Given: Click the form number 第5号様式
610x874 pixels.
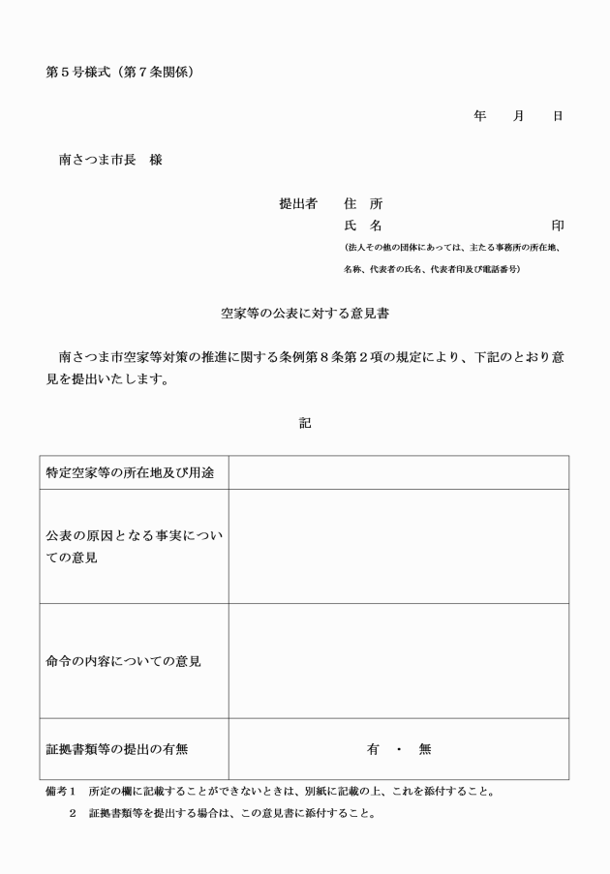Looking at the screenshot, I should tap(76, 73).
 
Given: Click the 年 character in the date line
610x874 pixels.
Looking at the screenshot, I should tap(479, 116).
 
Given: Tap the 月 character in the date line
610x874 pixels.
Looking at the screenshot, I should tap(519, 116).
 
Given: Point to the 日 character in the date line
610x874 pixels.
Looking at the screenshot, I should tap(558, 116).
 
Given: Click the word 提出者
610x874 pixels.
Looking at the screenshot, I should tap(298, 204).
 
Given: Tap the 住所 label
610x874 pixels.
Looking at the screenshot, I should tap(363, 204).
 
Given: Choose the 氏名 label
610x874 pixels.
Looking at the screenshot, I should tap(363, 226).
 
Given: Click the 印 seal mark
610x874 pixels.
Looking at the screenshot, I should tap(558, 226).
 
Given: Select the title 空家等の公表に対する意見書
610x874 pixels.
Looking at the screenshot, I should tap(305, 315).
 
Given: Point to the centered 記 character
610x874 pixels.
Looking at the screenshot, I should tap(305, 423).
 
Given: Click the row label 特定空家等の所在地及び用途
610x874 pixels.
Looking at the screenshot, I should tap(131, 473).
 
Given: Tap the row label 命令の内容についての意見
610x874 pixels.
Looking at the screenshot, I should tap(124, 661).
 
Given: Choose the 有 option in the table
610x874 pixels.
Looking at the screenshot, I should tap(373, 748).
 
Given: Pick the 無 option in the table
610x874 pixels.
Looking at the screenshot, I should tap(425, 748).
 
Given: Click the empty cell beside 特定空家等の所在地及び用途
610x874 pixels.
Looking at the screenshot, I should tap(398, 473).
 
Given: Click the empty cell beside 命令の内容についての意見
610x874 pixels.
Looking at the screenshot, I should tap(398, 661).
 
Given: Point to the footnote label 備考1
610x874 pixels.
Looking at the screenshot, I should tap(60, 791).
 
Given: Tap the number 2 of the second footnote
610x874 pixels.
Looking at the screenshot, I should tap(72, 813).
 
